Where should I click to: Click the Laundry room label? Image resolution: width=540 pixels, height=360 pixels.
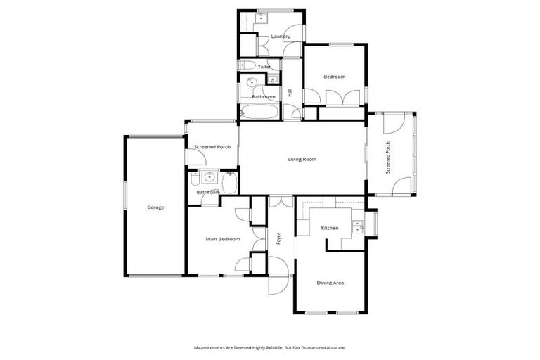[x=281, y=36]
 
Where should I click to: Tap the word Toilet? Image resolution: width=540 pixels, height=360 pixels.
[x=264, y=67]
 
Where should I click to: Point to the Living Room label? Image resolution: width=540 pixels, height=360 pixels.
[x=302, y=159]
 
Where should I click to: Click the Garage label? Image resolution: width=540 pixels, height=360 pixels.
[x=155, y=207]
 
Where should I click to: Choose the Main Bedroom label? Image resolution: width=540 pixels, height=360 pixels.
[x=222, y=239]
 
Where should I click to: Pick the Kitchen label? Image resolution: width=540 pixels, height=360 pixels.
[x=330, y=228]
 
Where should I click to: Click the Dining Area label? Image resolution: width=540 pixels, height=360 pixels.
[x=330, y=283]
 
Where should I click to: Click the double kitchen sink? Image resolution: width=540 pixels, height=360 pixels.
[x=358, y=226]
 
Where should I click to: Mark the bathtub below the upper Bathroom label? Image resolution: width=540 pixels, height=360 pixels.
[x=259, y=112]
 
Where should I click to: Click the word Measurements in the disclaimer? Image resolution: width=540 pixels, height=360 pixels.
[x=211, y=347]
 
